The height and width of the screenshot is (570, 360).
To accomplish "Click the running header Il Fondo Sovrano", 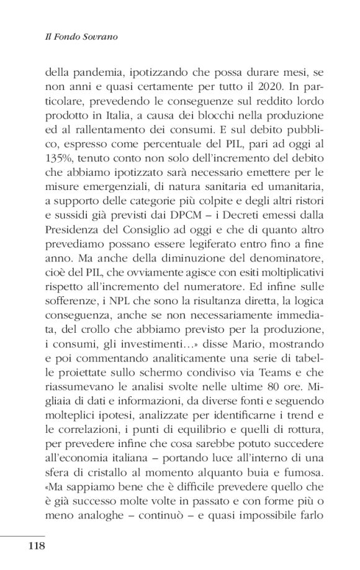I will (x=75, y=37).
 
